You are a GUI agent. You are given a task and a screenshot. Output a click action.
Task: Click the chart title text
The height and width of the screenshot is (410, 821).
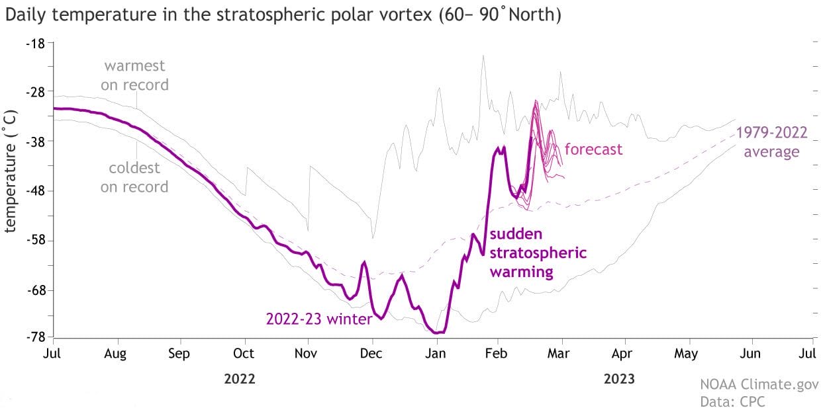click(283, 15)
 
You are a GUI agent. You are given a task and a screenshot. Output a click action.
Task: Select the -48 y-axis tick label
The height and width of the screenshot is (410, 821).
click(35, 191)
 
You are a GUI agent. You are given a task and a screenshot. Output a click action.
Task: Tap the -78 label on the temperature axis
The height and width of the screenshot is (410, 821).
click(35, 337)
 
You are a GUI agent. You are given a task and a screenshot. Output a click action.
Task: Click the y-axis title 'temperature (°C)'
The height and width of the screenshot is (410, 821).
click(10, 171)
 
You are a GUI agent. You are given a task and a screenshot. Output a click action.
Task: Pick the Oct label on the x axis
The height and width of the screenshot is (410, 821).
click(244, 354)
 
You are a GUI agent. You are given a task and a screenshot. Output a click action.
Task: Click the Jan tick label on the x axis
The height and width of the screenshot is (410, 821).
click(436, 354)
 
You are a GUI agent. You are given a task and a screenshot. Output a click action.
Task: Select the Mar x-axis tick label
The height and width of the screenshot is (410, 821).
click(559, 354)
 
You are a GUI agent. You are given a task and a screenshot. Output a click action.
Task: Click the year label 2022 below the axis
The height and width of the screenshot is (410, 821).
click(240, 379)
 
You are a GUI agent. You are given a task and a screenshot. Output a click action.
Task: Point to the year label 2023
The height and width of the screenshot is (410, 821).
click(619, 379)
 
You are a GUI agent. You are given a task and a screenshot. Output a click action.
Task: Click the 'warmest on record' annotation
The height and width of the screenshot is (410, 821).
click(134, 75)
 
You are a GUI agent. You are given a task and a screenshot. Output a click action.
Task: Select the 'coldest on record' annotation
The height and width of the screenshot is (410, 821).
click(134, 177)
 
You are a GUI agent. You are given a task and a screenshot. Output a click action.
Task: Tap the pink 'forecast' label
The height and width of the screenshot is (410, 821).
click(593, 149)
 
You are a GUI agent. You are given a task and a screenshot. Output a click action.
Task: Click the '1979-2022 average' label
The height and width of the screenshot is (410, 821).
click(771, 142)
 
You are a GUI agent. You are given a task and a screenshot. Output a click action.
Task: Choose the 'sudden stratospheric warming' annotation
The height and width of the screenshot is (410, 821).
click(538, 253)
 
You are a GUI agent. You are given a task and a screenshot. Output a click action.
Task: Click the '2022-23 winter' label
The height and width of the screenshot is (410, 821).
click(319, 319)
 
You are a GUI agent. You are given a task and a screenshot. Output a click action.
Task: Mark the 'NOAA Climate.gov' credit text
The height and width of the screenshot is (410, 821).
click(759, 384)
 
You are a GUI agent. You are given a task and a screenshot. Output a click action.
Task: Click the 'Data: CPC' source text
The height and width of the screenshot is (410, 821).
click(732, 401)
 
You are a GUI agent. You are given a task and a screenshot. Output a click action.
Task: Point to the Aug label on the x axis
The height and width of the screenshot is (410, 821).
click(115, 354)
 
